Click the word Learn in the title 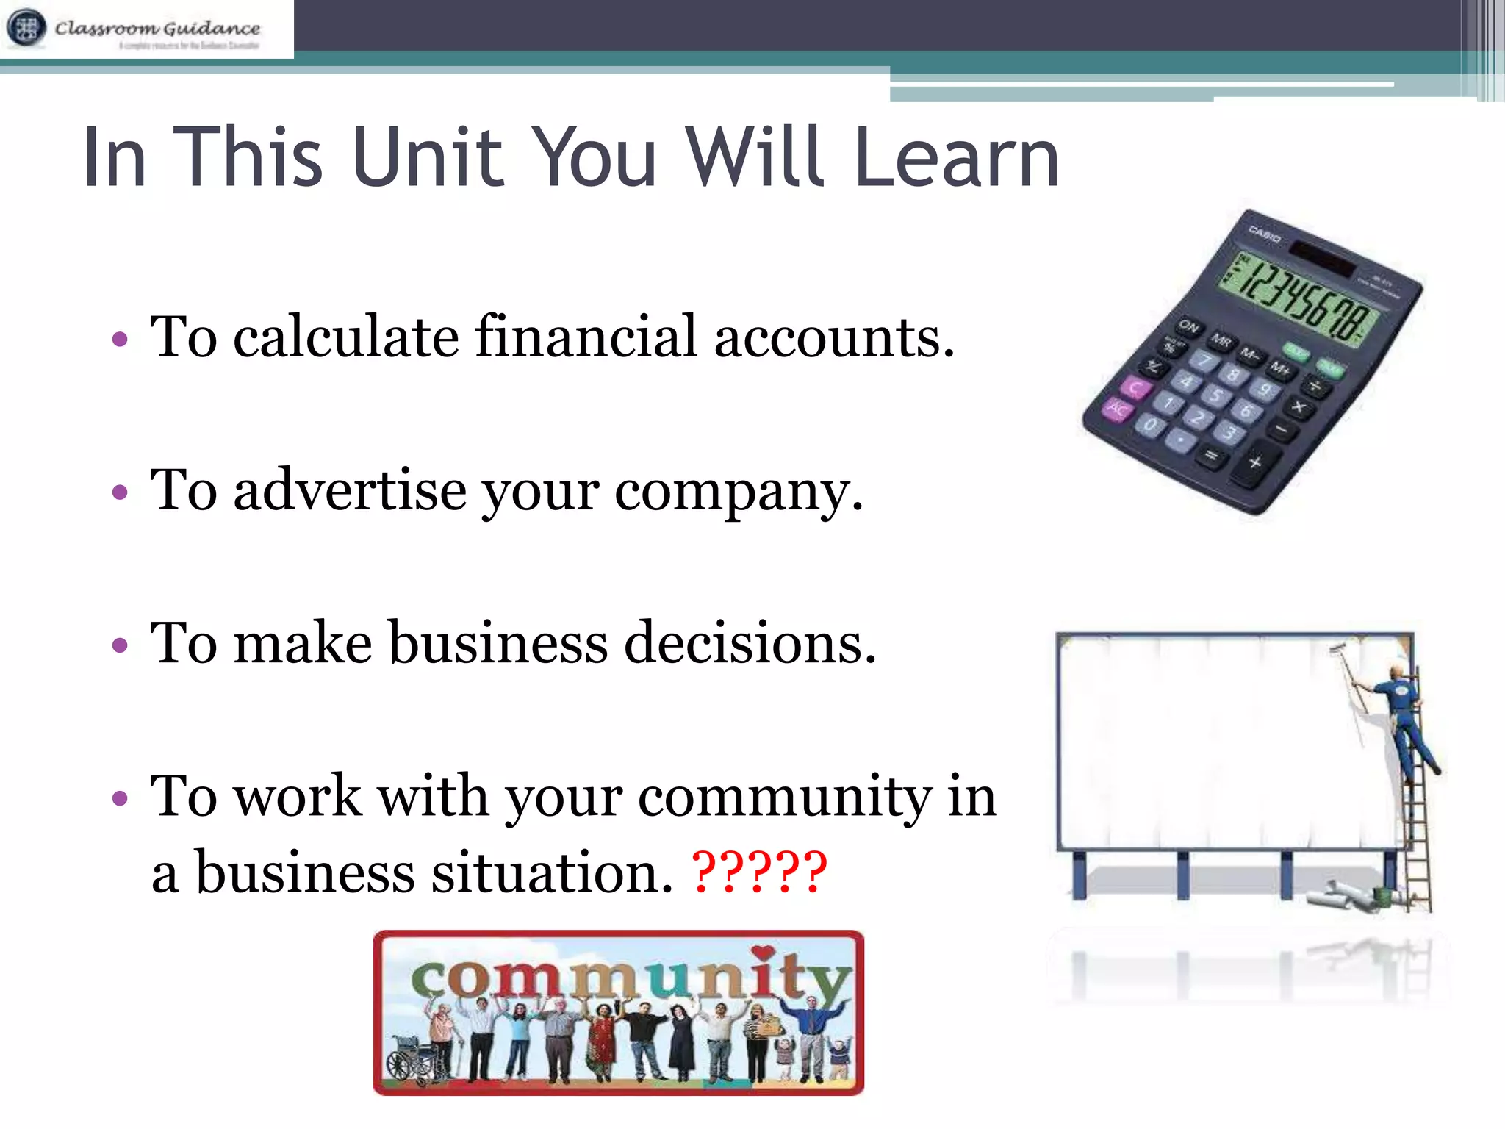(956, 157)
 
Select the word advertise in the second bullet (350, 490)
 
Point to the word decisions (750, 643)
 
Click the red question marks (760, 872)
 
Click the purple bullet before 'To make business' (120, 646)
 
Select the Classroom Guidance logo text (157, 29)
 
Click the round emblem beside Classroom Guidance (26, 29)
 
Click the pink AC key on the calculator (1116, 409)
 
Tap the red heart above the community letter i (764, 953)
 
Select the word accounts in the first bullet (834, 337)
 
